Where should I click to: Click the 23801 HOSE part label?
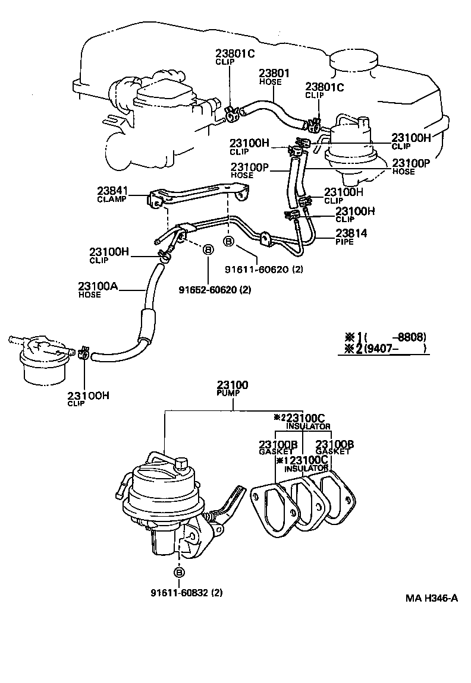click(274, 77)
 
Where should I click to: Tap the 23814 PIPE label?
click(351, 237)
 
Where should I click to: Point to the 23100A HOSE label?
click(98, 290)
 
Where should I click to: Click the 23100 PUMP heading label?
click(233, 389)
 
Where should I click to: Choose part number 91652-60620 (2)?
click(215, 290)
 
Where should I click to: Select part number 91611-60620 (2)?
click(264, 269)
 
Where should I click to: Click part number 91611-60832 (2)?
click(186, 592)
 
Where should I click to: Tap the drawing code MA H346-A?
click(432, 598)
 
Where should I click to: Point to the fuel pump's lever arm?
click(229, 505)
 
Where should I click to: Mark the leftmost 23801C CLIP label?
click(234, 57)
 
